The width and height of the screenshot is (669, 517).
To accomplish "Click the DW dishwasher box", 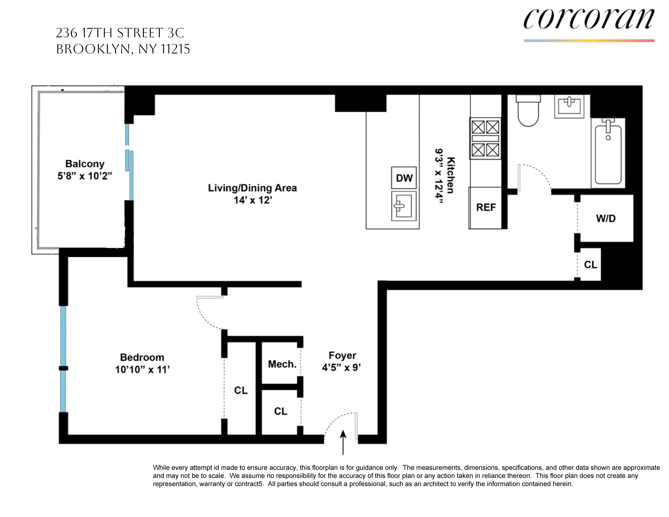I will [404, 178].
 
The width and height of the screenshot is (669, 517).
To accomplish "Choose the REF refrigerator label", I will [486, 207].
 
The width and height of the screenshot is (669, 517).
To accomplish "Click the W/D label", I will [606, 218].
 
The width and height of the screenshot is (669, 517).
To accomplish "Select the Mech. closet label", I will [282, 364].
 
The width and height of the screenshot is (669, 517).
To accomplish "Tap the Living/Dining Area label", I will [252, 188].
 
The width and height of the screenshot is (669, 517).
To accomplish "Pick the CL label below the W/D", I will [590, 265].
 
